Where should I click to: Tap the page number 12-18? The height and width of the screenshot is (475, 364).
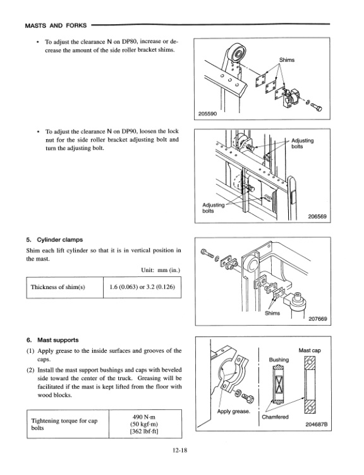(x=182, y=450)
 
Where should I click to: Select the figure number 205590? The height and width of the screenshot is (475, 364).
(x=208, y=114)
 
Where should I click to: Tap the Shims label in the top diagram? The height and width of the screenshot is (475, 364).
(x=288, y=61)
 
